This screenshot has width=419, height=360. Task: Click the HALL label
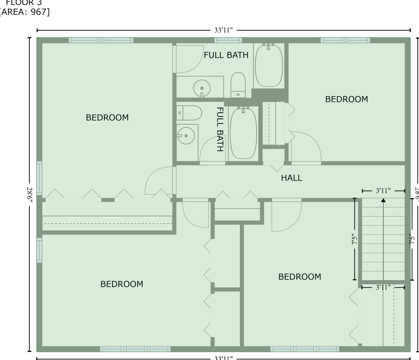pos(291,178)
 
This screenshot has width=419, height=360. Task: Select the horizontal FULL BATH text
pos(226,55)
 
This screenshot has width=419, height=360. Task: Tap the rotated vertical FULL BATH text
pos(220,129)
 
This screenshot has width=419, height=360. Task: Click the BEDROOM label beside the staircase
pos(299,277)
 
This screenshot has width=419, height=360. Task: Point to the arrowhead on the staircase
pos(383,200)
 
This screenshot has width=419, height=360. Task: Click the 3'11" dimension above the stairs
pos(383,191)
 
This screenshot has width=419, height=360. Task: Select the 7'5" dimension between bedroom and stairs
pos(354,240)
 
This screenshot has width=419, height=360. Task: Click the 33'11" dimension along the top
pos(223,30)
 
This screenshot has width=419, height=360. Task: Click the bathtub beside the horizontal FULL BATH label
pos(269,65)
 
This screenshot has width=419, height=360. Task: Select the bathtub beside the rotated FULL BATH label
pos(244,133)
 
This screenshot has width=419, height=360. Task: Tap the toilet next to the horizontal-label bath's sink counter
pos(238,85)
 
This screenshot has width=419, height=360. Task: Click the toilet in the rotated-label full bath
pos(189,113)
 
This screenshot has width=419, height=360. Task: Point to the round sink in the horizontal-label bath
pos(202,88)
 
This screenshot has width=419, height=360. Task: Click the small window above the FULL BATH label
pos(228,40)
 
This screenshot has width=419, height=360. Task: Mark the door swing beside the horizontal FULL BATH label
pos(185,59)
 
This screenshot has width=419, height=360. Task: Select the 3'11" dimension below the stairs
pos(383,287)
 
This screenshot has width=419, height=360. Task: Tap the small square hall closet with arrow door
pos(273,155)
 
